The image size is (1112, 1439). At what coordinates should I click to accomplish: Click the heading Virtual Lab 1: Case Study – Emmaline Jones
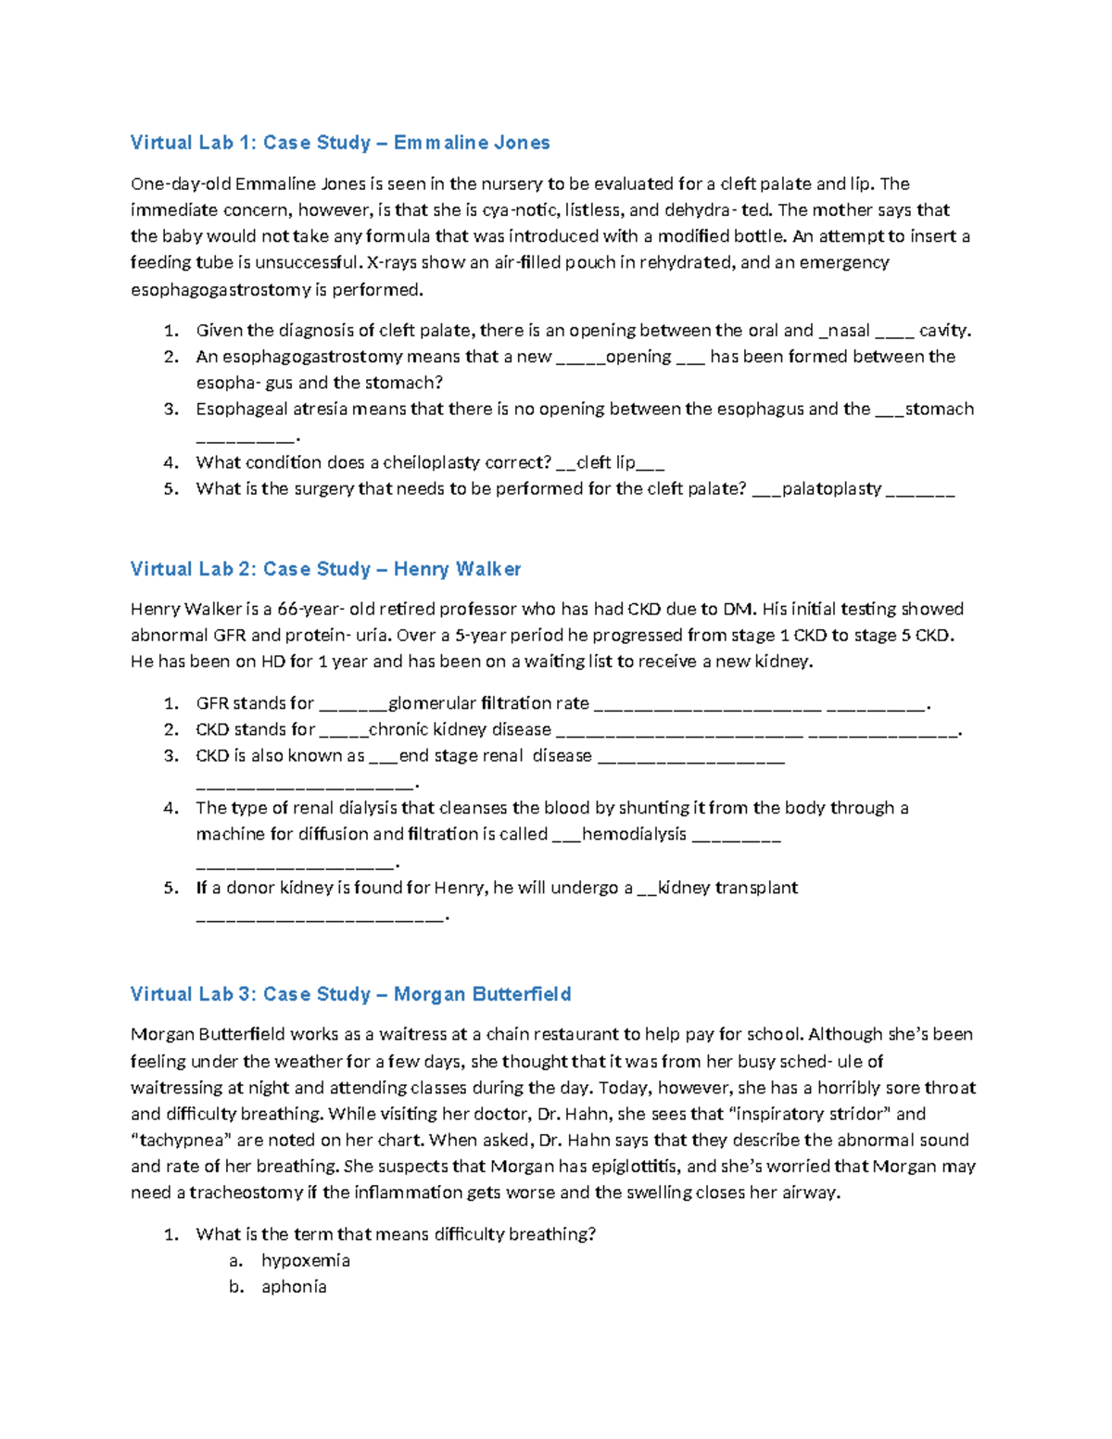[x=340, y=143]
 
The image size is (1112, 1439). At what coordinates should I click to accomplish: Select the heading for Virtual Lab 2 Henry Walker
[x=325, y=569]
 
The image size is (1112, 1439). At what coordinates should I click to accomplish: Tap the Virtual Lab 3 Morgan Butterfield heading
[x=350, y=994]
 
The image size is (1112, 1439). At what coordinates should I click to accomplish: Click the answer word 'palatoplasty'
[x=831, y=488]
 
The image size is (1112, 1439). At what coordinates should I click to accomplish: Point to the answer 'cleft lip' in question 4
[x=606, y=462]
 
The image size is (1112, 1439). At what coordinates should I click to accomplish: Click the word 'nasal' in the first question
[x=848, y=330]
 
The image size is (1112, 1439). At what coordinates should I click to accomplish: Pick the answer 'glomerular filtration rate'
[x=488, y=703]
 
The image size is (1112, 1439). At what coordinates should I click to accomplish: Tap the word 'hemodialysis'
[x=634, y=834]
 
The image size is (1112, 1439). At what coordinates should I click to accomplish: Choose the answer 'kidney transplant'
[x=727, y=888]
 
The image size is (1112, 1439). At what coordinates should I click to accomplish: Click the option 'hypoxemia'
[x=306, y=1260]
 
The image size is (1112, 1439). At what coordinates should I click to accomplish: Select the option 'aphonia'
[x=294, y=1286]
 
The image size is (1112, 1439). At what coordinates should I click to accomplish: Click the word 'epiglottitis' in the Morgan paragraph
[x=634, y=1167]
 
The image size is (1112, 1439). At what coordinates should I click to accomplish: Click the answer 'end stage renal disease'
[x=495, y=756]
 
